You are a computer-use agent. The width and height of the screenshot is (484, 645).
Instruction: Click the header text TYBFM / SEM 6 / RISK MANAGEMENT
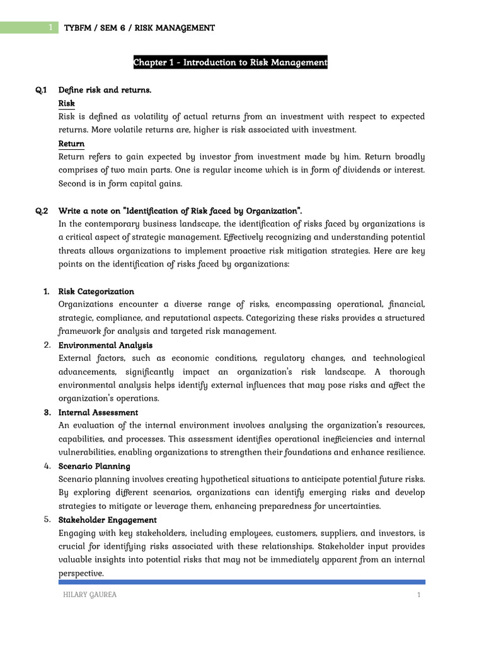(x=139, y=28)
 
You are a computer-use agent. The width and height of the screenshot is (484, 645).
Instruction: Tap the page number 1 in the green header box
(x=50, y=28)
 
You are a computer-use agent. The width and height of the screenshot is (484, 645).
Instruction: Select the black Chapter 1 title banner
(x=230, y=62)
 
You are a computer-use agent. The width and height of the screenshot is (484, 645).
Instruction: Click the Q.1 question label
(x=42, y=90)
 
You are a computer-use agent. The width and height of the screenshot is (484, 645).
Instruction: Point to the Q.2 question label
(x=42, y=210)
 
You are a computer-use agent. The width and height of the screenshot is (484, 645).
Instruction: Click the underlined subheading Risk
(x=66, y=103)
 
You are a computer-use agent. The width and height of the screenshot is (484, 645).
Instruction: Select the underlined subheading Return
(x=71, y=144)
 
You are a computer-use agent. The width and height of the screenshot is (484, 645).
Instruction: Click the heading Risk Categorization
(x=96, y=292)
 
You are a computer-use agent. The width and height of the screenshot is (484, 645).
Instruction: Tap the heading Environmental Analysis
(x=105, y=345)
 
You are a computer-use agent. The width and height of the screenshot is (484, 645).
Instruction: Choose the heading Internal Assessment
(x=98, y=413)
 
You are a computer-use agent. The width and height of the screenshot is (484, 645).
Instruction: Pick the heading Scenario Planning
(x=94, y=466)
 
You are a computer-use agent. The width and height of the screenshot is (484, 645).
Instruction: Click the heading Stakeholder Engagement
(x=107, y=520)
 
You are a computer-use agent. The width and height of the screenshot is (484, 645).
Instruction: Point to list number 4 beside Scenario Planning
(x=47, y=466)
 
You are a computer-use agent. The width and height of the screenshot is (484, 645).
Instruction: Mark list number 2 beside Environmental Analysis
(x=47, y=345)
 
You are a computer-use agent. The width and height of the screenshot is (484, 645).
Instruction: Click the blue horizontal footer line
(x=241, y=582)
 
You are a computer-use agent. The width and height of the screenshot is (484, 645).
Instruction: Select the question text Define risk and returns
(x=105, y=90)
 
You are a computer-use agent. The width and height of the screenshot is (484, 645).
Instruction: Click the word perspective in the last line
(x=81, y=574)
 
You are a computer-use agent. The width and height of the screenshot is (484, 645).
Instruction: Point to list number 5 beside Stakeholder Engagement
(x=47, y=520)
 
